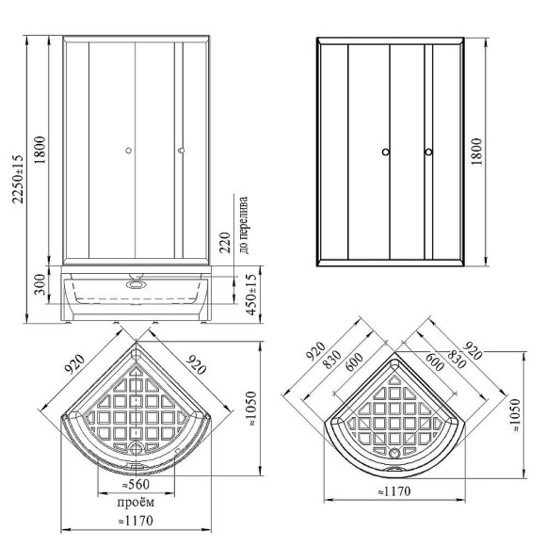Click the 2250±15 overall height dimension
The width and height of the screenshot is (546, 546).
pos(17,179)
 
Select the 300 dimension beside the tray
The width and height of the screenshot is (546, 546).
pos(40,284)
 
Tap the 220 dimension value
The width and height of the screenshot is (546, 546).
pos(225,243)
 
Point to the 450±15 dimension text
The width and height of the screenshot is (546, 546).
pos(251,295)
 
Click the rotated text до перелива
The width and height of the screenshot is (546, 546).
pos(244,225)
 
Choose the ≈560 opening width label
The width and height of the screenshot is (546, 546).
pos(136,485)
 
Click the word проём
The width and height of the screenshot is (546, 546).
pos(136,503)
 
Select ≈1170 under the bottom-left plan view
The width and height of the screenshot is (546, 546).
pos(136,521)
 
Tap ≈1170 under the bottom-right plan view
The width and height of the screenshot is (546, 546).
pos(394,491)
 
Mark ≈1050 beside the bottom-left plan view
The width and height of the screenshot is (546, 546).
pos(251,409)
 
